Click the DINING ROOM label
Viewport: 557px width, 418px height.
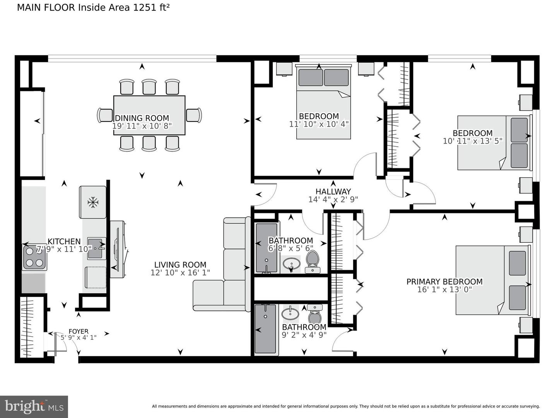click(x=142, y=118)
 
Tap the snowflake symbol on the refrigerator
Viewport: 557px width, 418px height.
click(x=92, y=202)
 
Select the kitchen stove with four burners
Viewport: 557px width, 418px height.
click(x=35, y=257)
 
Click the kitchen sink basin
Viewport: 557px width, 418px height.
click(x=96, y=248)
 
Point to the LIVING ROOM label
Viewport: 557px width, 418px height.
click(x=180, y=265)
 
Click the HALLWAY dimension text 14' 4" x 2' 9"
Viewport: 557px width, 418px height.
click(x=333, y=199)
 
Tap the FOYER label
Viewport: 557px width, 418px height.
click(x=79, y=331)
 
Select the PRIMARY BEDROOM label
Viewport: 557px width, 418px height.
click(x=444, y=282)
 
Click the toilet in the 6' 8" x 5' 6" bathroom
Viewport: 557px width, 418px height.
click(x=312, y=261)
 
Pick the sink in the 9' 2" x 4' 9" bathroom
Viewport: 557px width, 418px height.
click(x=290, y=312)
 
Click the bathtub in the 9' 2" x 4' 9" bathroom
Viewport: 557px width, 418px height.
click(x=266, y=329)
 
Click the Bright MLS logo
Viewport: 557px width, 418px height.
click(x=34, y=406)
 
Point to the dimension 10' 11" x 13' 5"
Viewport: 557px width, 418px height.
click(x=472, y=141)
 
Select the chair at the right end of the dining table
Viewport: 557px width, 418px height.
click(x=194, y=115)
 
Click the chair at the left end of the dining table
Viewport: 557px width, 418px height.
click(x=104, y=115)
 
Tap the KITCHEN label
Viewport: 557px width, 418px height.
click(x=64, y=242)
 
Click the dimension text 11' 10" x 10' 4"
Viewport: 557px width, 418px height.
click(x=319, y=124)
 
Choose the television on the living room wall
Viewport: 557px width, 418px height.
click(x=117, y=249)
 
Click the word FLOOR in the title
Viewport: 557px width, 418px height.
click(x=60, y=8)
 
